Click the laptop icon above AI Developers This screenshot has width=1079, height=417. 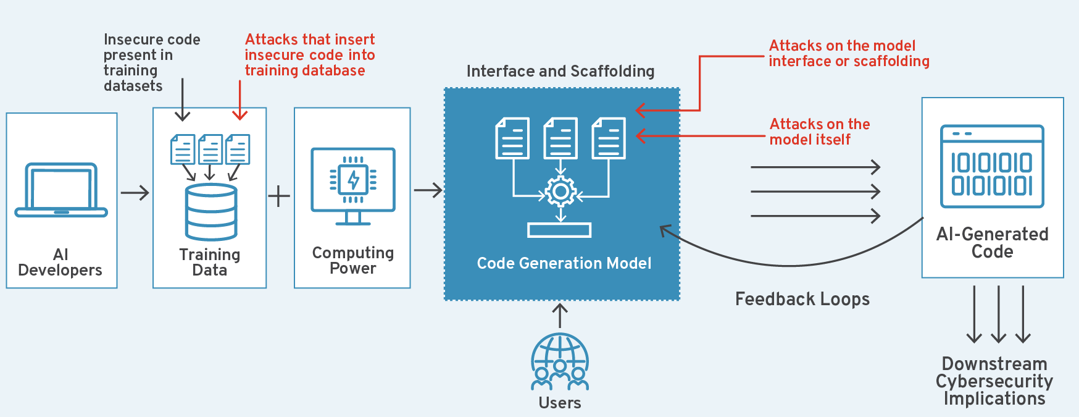(x=61, y=190)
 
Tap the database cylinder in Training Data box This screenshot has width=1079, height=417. (x=211, y=212)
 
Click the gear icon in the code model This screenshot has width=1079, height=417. (x=560, y=192)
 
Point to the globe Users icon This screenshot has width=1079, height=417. (x=560, y=362)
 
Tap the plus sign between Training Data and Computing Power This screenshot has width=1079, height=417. (x=279, y=196)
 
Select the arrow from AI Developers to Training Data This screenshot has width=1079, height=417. (x=135, y=193)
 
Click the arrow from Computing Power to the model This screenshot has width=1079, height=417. (x=428, y=190)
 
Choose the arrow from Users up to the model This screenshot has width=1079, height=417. (x=560, y=315)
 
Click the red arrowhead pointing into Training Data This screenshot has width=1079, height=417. (x=240, y=114)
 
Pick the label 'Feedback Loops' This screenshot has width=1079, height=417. (x=802, y=300)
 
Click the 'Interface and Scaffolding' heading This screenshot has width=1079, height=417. (x=560, y=72)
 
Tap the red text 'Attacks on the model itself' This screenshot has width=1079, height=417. (x=819, y=132)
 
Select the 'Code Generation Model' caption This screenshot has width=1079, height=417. (x=564, y=264)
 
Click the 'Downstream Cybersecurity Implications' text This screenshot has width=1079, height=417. (x=994, y=381)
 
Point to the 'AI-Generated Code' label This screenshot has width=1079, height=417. (x=992, y=243)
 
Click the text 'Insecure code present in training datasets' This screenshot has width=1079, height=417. (x=151, y=62)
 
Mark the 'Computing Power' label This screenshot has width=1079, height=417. (x=352, y=261)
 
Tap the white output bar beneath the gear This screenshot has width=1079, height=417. (x=559, y=230)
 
